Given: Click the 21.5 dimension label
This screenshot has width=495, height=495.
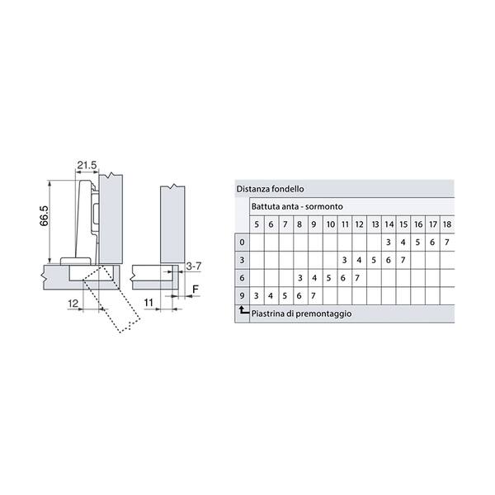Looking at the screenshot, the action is [87, 165].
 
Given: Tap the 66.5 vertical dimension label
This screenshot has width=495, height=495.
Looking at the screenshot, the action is [45, 215].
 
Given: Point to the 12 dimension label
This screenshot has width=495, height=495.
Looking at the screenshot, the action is [73, 304].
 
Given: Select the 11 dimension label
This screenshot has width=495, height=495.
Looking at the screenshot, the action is [148, 303].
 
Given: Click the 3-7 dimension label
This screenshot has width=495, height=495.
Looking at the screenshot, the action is [193, 266].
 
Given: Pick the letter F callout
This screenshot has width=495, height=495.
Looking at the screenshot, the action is [196, 290].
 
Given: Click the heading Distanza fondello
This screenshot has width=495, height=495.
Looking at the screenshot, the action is [271, 189].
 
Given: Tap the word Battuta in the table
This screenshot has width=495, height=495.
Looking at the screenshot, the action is [263, 206].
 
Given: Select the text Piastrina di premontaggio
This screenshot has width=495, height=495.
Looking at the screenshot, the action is [301, 314].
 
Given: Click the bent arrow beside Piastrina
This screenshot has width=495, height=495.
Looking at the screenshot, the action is [243, 311].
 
